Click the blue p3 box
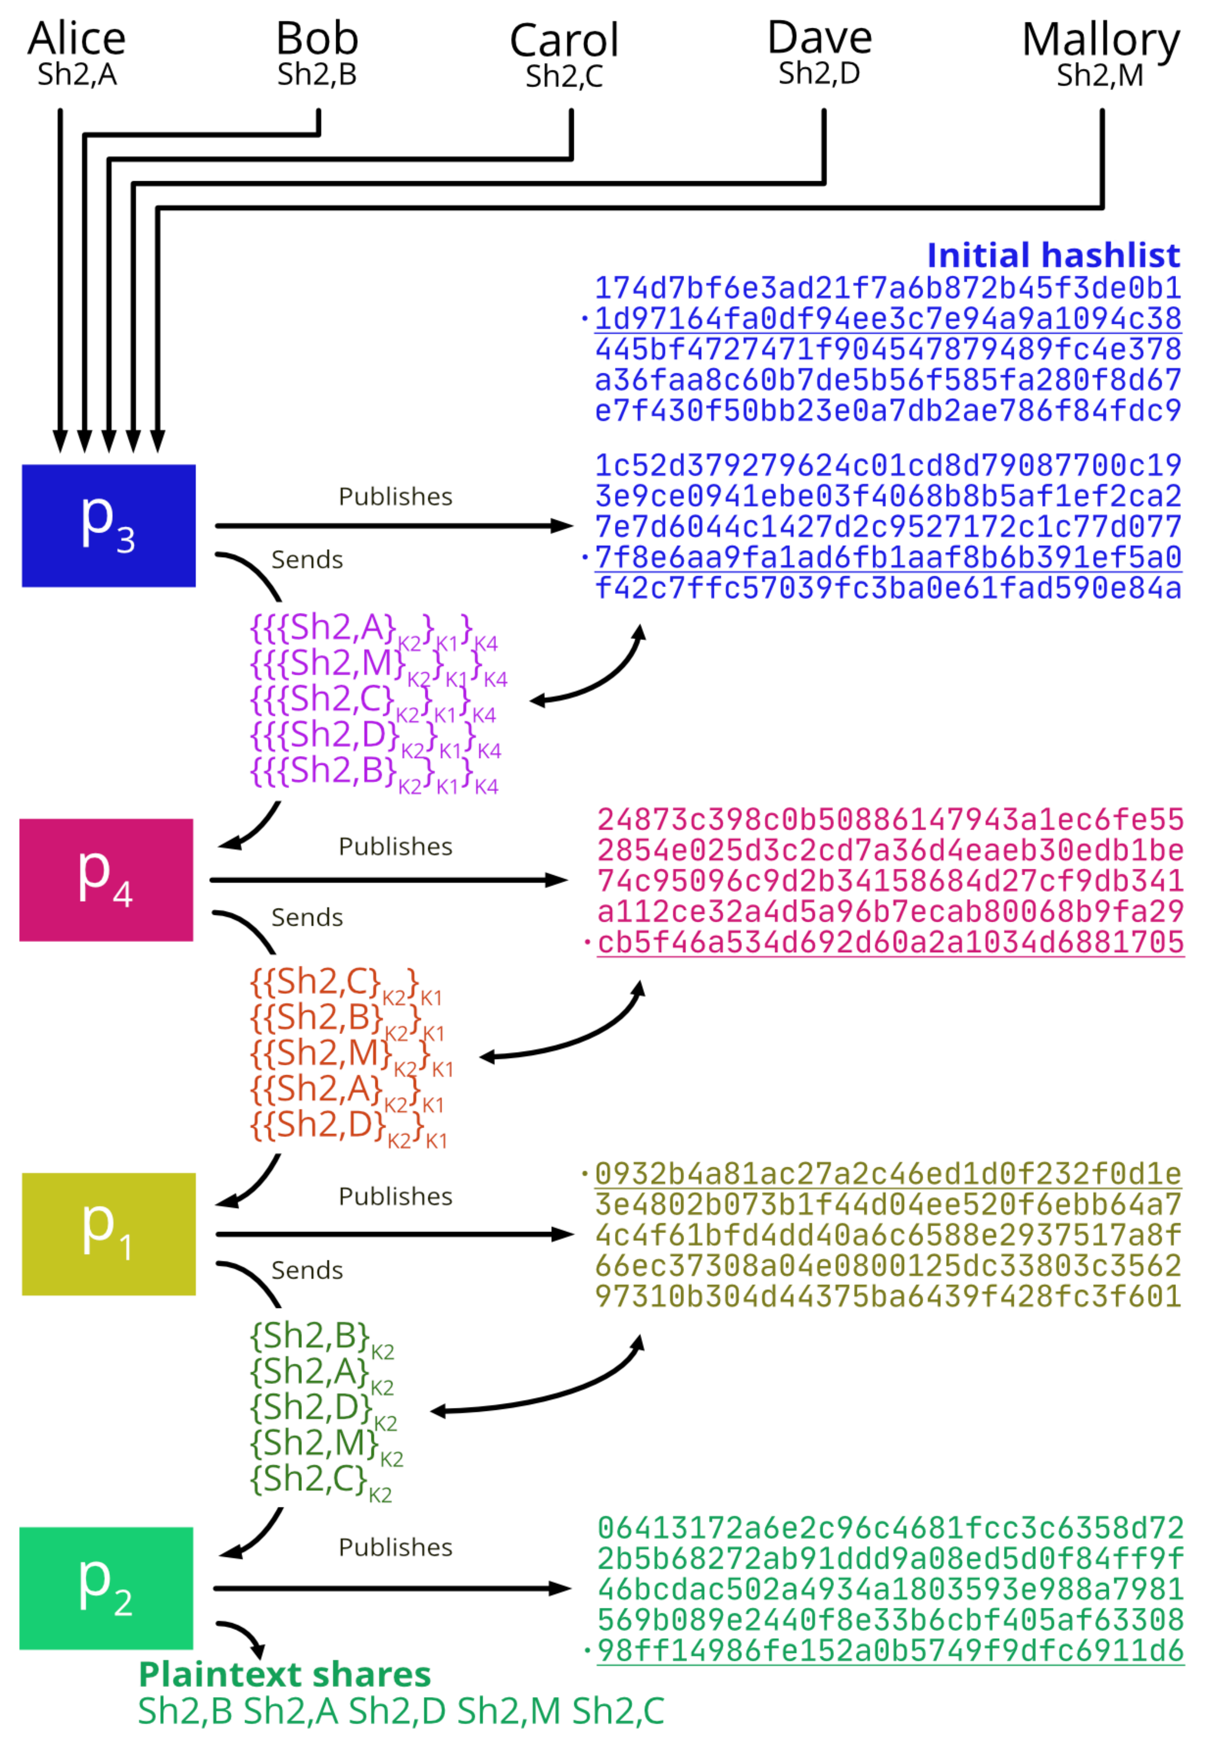point(108,526)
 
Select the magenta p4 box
point(106,880)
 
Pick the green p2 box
point(106,1588)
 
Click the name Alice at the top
point(76,38)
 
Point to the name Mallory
point(1100,39)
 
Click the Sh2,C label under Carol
point(564,76)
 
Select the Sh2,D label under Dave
point(819,73)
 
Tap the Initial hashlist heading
point(1053,255)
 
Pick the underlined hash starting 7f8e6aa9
point(888,557)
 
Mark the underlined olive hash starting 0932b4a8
point(888,1174)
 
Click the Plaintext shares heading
point(284,1675)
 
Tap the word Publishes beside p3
point(395,496)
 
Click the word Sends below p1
point(307,1270)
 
